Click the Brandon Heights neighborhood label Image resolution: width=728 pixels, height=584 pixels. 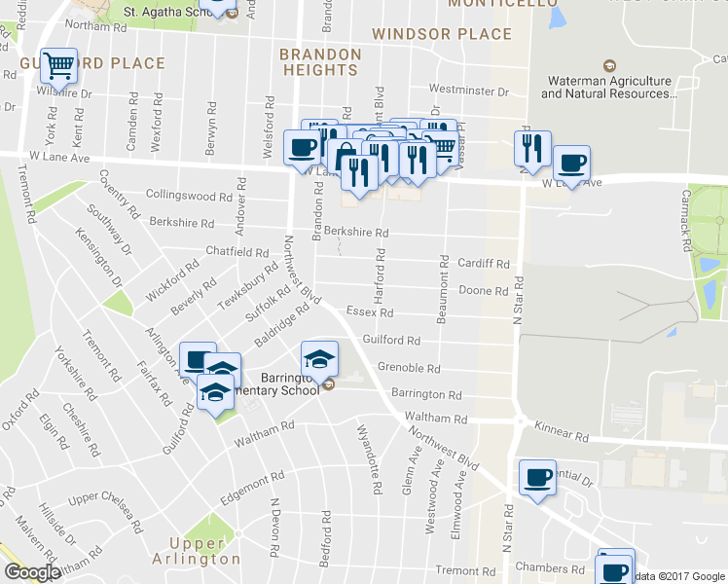pyautogui.click(x=320, y=62)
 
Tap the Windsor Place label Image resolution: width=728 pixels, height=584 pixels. pyautogui.click(x=442, y=34)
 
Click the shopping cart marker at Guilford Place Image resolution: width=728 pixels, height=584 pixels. pyautogui.click(x=59, y=66)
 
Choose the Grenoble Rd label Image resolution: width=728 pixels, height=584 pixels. pyautogui.click(x=409, y=369)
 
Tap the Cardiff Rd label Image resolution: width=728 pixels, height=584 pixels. pyautogui.click(x=484, y=264)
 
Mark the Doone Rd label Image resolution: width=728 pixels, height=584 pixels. pyautogui.click(x=484, y=290)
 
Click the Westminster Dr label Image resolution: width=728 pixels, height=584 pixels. pyautogui.click(x=468, y=91)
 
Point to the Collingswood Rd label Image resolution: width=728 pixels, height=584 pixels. pyautogui.click(x=186, y=196)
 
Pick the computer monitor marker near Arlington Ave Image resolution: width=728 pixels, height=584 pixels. pyautogui.click(x=198, y=359)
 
